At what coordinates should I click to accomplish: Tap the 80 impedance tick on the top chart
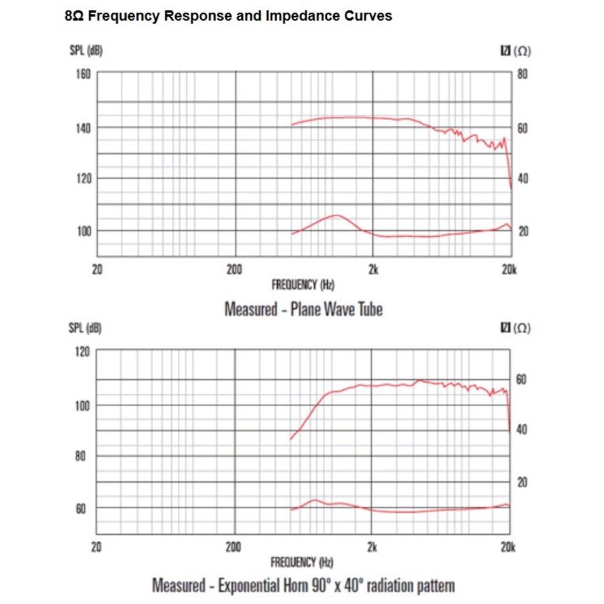(522, 74)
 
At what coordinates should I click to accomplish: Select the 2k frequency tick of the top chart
(373, 269)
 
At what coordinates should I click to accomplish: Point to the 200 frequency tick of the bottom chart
(234, 546)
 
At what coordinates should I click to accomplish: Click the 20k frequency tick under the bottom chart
(508, 546)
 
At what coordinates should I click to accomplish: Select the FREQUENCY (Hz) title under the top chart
(303, 285)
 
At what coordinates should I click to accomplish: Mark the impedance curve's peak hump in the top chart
(336, 215)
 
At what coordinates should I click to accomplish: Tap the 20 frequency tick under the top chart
(97, 269)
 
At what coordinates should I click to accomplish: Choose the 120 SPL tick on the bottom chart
(81, 352)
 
